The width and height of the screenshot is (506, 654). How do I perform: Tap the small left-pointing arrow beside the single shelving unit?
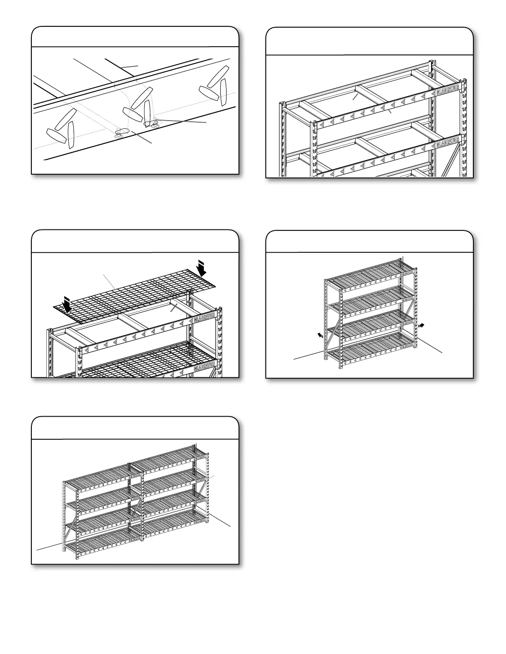coord(320,335)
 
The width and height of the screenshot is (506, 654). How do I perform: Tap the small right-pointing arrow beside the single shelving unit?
coord(421,325)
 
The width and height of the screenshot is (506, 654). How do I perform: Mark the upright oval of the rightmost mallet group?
coord(224,91)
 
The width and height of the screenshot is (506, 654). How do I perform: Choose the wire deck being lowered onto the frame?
coord(136,293)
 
